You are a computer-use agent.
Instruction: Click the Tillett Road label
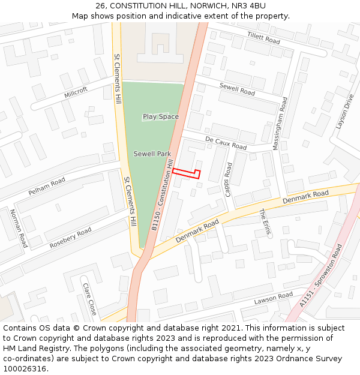tap(263, 39)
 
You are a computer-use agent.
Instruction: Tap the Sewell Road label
tap(237, 90)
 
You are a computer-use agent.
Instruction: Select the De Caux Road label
tap(226, 143)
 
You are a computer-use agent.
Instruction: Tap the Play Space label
tap(161, 116)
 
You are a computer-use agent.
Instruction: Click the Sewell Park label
tap(152, 154)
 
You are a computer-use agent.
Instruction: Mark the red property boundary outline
tap(186, 173)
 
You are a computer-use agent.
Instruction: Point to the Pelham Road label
tap(47, 187)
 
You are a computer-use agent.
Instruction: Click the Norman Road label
tap(19, 229)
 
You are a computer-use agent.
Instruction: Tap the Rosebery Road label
tap(71, 238)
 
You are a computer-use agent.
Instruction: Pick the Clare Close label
tap(90, 299)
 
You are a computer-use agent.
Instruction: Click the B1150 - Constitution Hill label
tap(163, 195)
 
